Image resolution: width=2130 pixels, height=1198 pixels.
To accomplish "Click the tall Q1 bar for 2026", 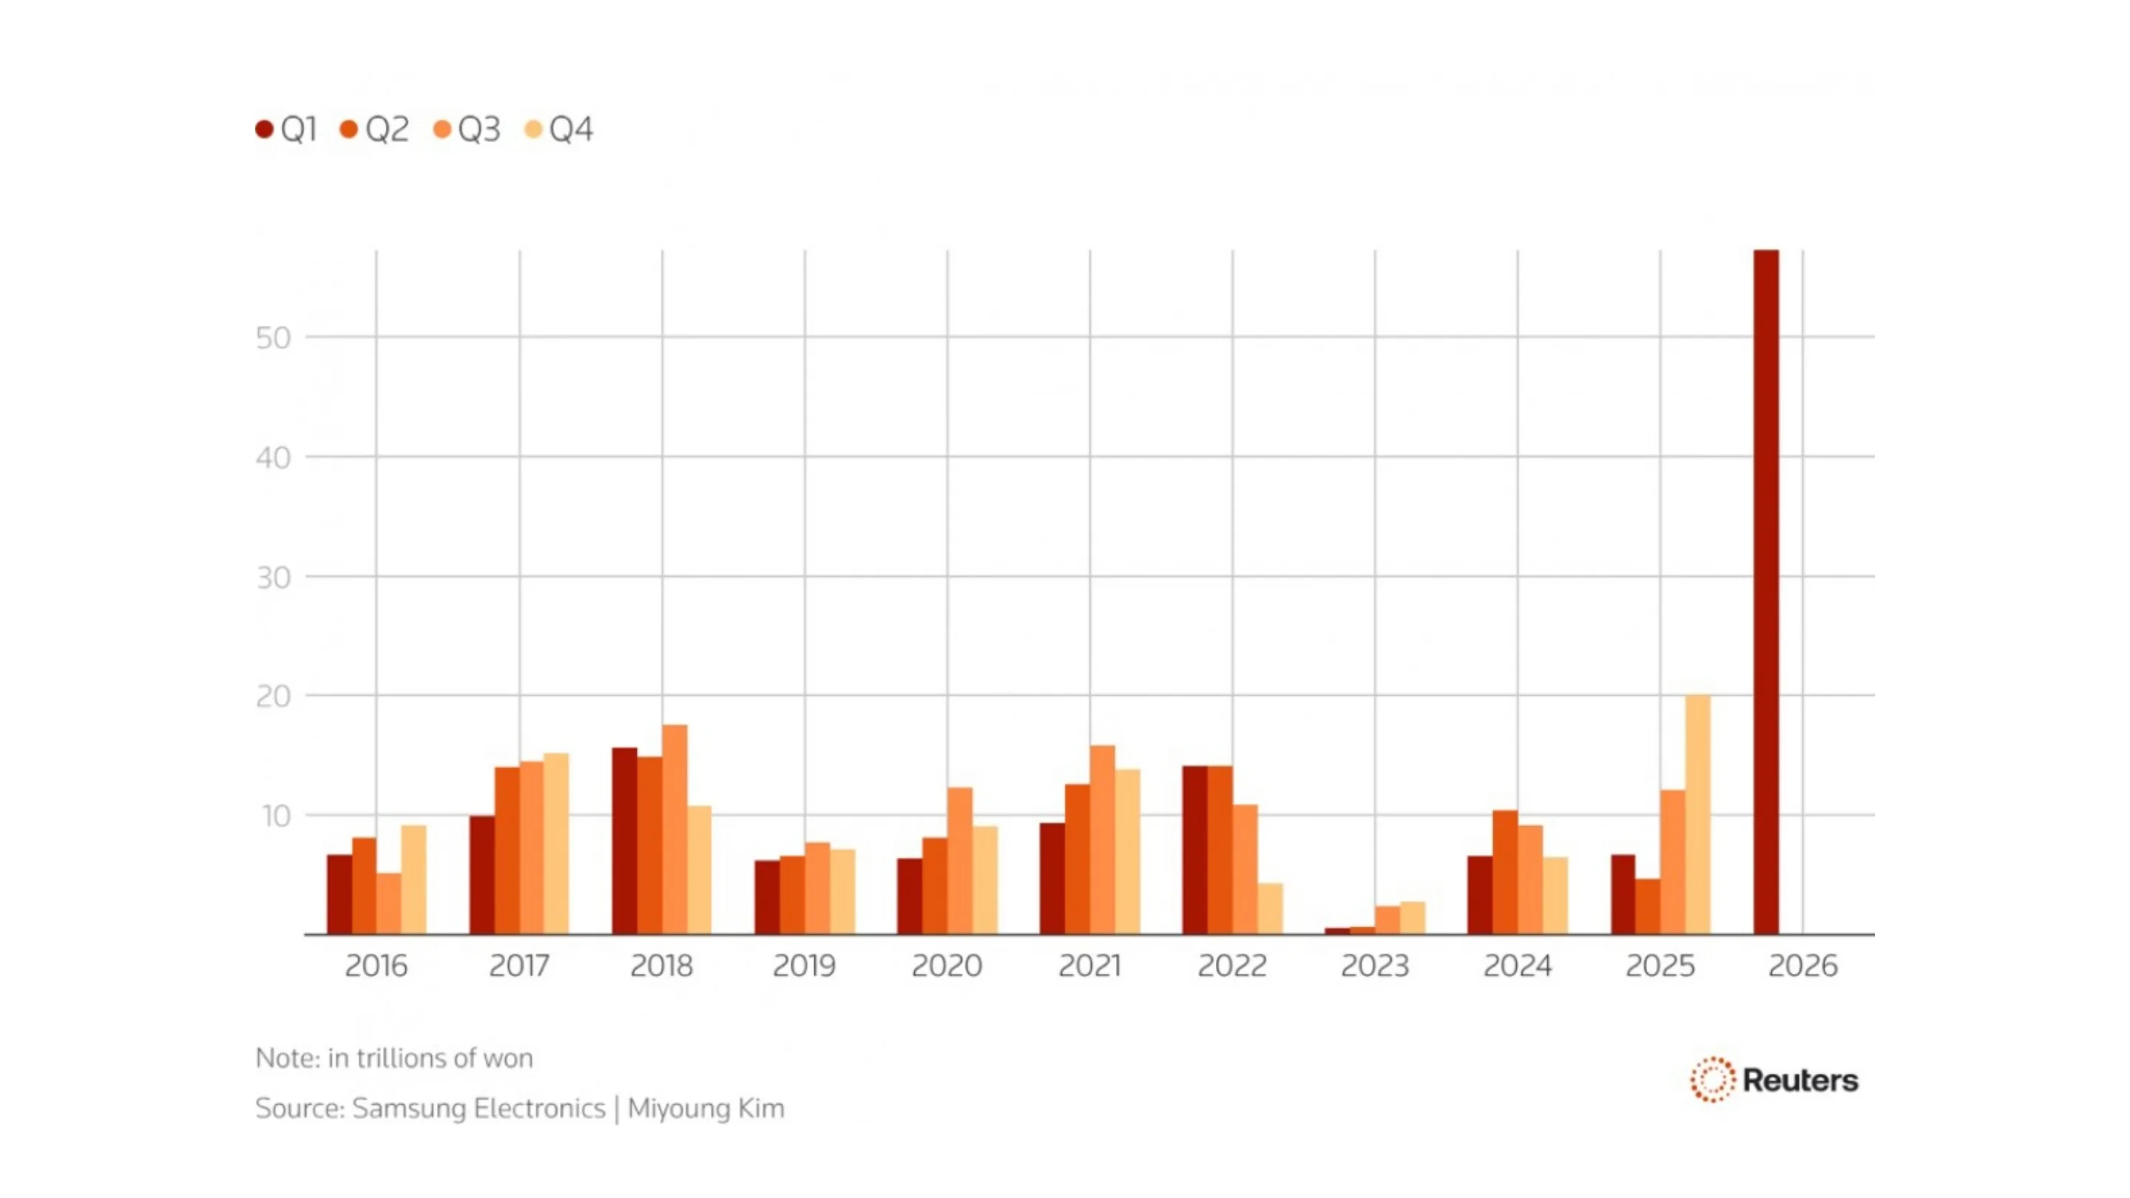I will (1765, 591).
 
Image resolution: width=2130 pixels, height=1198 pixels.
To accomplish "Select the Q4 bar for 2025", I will (1697, 814).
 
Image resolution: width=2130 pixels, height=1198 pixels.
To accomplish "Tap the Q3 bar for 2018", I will (674, 829).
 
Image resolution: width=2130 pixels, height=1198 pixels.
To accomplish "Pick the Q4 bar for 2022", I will (1270, 909).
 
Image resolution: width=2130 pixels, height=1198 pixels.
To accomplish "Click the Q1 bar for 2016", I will (340, 895).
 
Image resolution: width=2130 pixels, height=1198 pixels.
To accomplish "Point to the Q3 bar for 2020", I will (960, 861).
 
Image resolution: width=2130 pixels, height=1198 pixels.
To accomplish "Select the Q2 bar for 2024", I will (1505, 873).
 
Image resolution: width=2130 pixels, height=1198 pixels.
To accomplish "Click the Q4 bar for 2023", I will (1413, 918).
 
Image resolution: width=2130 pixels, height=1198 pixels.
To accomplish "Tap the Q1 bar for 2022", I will (1195, 850).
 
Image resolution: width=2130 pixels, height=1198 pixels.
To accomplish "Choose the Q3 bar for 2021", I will (1102, 840).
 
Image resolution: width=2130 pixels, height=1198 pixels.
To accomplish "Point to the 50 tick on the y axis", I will (273, 337).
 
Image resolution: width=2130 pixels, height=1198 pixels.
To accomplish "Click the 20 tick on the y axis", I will (273, 696).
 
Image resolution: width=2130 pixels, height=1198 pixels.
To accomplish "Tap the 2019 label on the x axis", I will (804, 966).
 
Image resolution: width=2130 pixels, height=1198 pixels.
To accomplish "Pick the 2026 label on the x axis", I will (1802, 966).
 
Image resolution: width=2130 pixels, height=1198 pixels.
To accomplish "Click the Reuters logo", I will (1774, 1080).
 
